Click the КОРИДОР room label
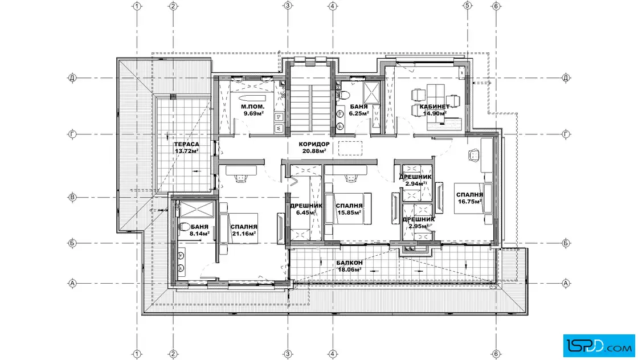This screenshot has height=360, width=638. (314, 145)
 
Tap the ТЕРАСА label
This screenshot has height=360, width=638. (187, 145)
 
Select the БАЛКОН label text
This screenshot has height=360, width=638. (350, 263)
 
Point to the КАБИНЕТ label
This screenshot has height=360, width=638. (435, 107)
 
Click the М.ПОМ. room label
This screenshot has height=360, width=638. (253, 107)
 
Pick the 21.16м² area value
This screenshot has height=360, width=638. (244, 234)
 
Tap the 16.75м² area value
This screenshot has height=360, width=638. (470, 201)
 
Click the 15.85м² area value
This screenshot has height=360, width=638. (349, 212)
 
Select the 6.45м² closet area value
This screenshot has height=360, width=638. (306, 212)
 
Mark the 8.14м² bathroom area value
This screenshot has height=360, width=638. (199, 234)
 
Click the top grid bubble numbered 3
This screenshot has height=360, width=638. (288, 6)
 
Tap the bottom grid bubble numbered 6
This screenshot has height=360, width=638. (496, 354)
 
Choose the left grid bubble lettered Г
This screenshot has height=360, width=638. (72, 134)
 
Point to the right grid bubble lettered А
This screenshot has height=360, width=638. (566, 283)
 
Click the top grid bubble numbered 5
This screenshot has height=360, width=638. (467, 6)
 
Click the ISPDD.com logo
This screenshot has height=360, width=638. (599, 345)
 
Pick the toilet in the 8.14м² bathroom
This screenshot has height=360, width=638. (184, 227)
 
